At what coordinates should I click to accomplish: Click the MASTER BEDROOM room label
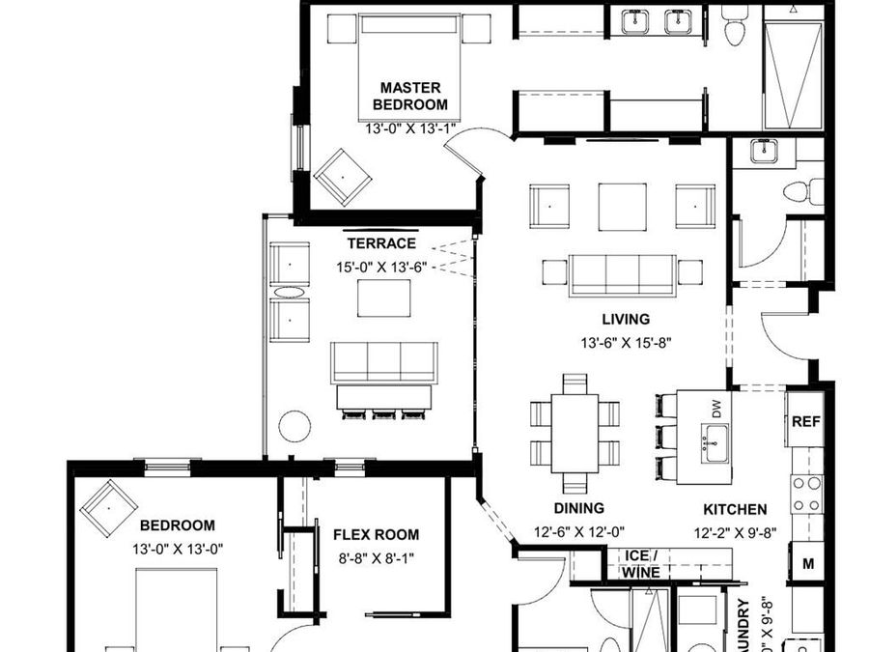[410, 96]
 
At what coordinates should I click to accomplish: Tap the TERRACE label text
[381, 243]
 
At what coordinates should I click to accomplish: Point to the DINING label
[578, 508]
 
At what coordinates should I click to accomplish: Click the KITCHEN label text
[735, 509]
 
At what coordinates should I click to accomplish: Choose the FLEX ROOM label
[377, 534]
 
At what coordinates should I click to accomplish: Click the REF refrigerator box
[805, 422]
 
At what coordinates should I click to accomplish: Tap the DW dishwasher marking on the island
[716, 410]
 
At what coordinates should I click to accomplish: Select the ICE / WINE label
[641, 564]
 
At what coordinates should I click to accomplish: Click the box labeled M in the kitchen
[806, 563]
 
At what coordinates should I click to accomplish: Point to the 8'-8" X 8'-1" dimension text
[377, 557]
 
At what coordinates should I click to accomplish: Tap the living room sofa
[622, 274]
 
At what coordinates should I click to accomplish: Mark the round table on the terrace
[294, 425]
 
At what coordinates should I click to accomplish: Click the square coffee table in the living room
[622, 206]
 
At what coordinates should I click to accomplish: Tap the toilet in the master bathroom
[735, 26]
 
